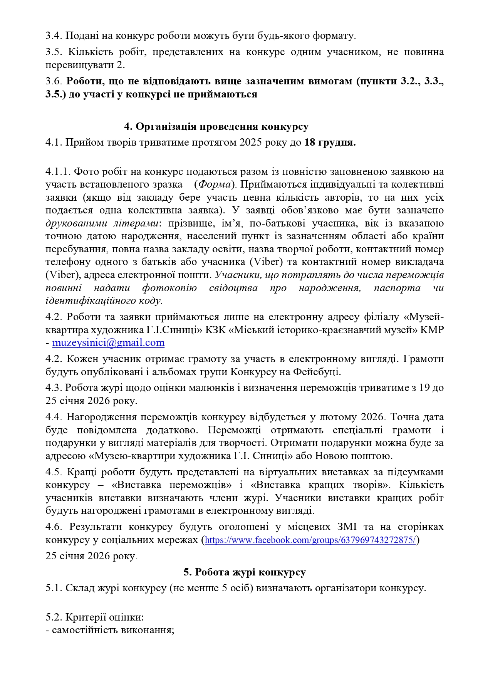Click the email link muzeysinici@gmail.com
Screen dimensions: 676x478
point(108,343)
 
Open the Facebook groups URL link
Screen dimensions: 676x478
point(310,540)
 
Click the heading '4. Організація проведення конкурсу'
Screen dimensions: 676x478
point(216,127)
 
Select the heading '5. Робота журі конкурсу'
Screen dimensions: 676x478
point(245,572)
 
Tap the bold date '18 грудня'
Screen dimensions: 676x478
point(329,143)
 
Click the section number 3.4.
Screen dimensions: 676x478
point(54,36)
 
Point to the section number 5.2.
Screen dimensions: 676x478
point(54,617)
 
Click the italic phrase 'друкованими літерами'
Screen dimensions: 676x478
point(101,223)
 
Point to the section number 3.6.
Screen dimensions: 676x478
point(54,81)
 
